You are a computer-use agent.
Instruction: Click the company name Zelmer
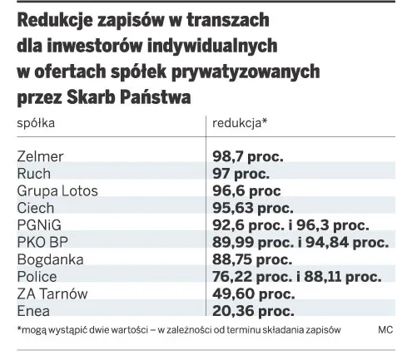(x=40, y=156)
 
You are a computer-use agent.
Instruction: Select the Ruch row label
(x=33, y=174)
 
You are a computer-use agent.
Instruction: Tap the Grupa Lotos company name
(x=57, y=191)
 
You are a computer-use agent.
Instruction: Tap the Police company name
(x=37, y=277)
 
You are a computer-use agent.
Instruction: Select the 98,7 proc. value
(x=248, y=156)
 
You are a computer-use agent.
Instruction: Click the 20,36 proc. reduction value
(x=253, y=311)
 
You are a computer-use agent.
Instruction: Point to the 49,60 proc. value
(x=253, y=294)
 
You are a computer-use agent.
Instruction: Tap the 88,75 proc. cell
(x=253, y=260)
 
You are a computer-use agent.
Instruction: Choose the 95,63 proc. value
(x=253, y=208)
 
